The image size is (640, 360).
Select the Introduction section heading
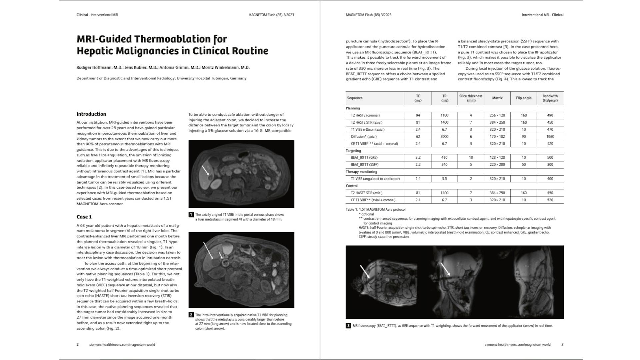point(91,114)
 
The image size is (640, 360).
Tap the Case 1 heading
point(84,217)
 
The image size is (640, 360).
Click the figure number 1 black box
point(191,215)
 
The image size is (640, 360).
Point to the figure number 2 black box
point(191,315)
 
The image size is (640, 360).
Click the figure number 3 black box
point(348,326)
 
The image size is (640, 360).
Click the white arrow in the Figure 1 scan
point(205,170)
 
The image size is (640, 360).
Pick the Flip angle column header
point(523,98)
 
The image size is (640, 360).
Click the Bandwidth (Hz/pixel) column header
point(550,98)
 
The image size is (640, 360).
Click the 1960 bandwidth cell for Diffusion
point(550,137)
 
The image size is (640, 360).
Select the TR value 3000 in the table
point(444,137)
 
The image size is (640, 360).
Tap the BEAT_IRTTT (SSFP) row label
point(364,165)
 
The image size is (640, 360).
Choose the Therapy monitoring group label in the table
point(361,172)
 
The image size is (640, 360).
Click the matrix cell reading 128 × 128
point(497,158)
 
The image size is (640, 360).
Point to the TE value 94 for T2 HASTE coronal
point(418,115)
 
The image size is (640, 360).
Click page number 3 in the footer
point(562,345)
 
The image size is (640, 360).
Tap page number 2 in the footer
point(78,345)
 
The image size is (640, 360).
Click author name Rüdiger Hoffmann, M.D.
point(99,68)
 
